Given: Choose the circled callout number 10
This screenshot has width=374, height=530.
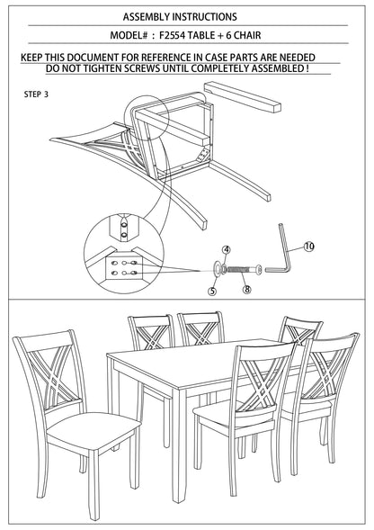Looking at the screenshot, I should [x=308, y=246].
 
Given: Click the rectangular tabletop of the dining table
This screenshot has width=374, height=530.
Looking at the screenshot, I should [x=189, y=368].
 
